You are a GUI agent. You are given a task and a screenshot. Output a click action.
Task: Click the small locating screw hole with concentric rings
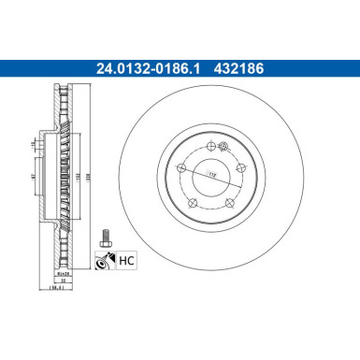click(223, 146)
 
